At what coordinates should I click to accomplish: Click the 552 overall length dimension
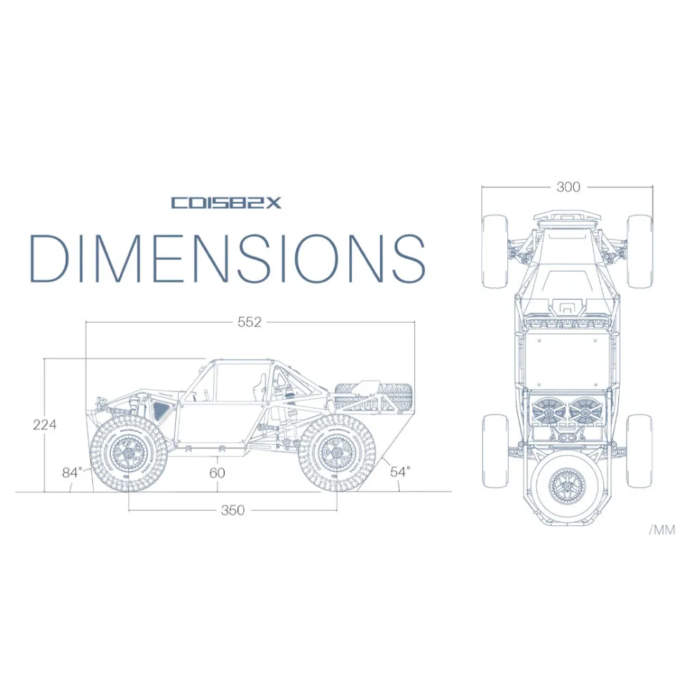click(249, 322)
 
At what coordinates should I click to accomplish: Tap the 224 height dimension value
click(44, 425)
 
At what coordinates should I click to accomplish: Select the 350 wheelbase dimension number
click(233, 510)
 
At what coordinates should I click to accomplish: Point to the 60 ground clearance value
click(218, 473)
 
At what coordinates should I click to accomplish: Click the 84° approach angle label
click(72, 473)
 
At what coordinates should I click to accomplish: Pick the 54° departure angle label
click(400, 471)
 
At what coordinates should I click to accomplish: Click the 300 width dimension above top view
click(568, 187)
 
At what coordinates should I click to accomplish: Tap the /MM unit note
click(662, 529)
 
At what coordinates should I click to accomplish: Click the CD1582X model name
click(226, 202)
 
